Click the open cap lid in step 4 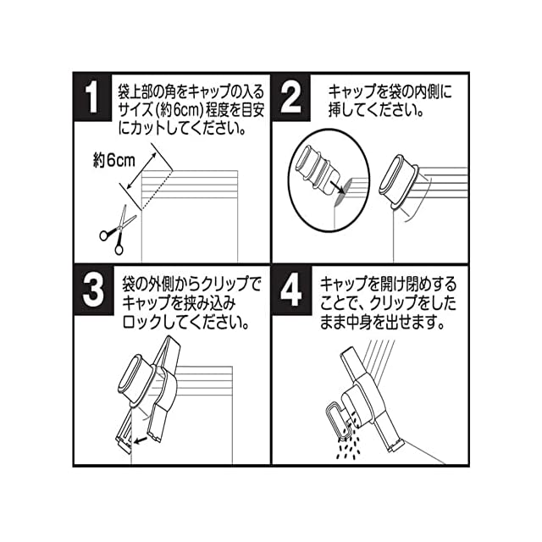[338, 419]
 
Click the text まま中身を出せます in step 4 [386, 323]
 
